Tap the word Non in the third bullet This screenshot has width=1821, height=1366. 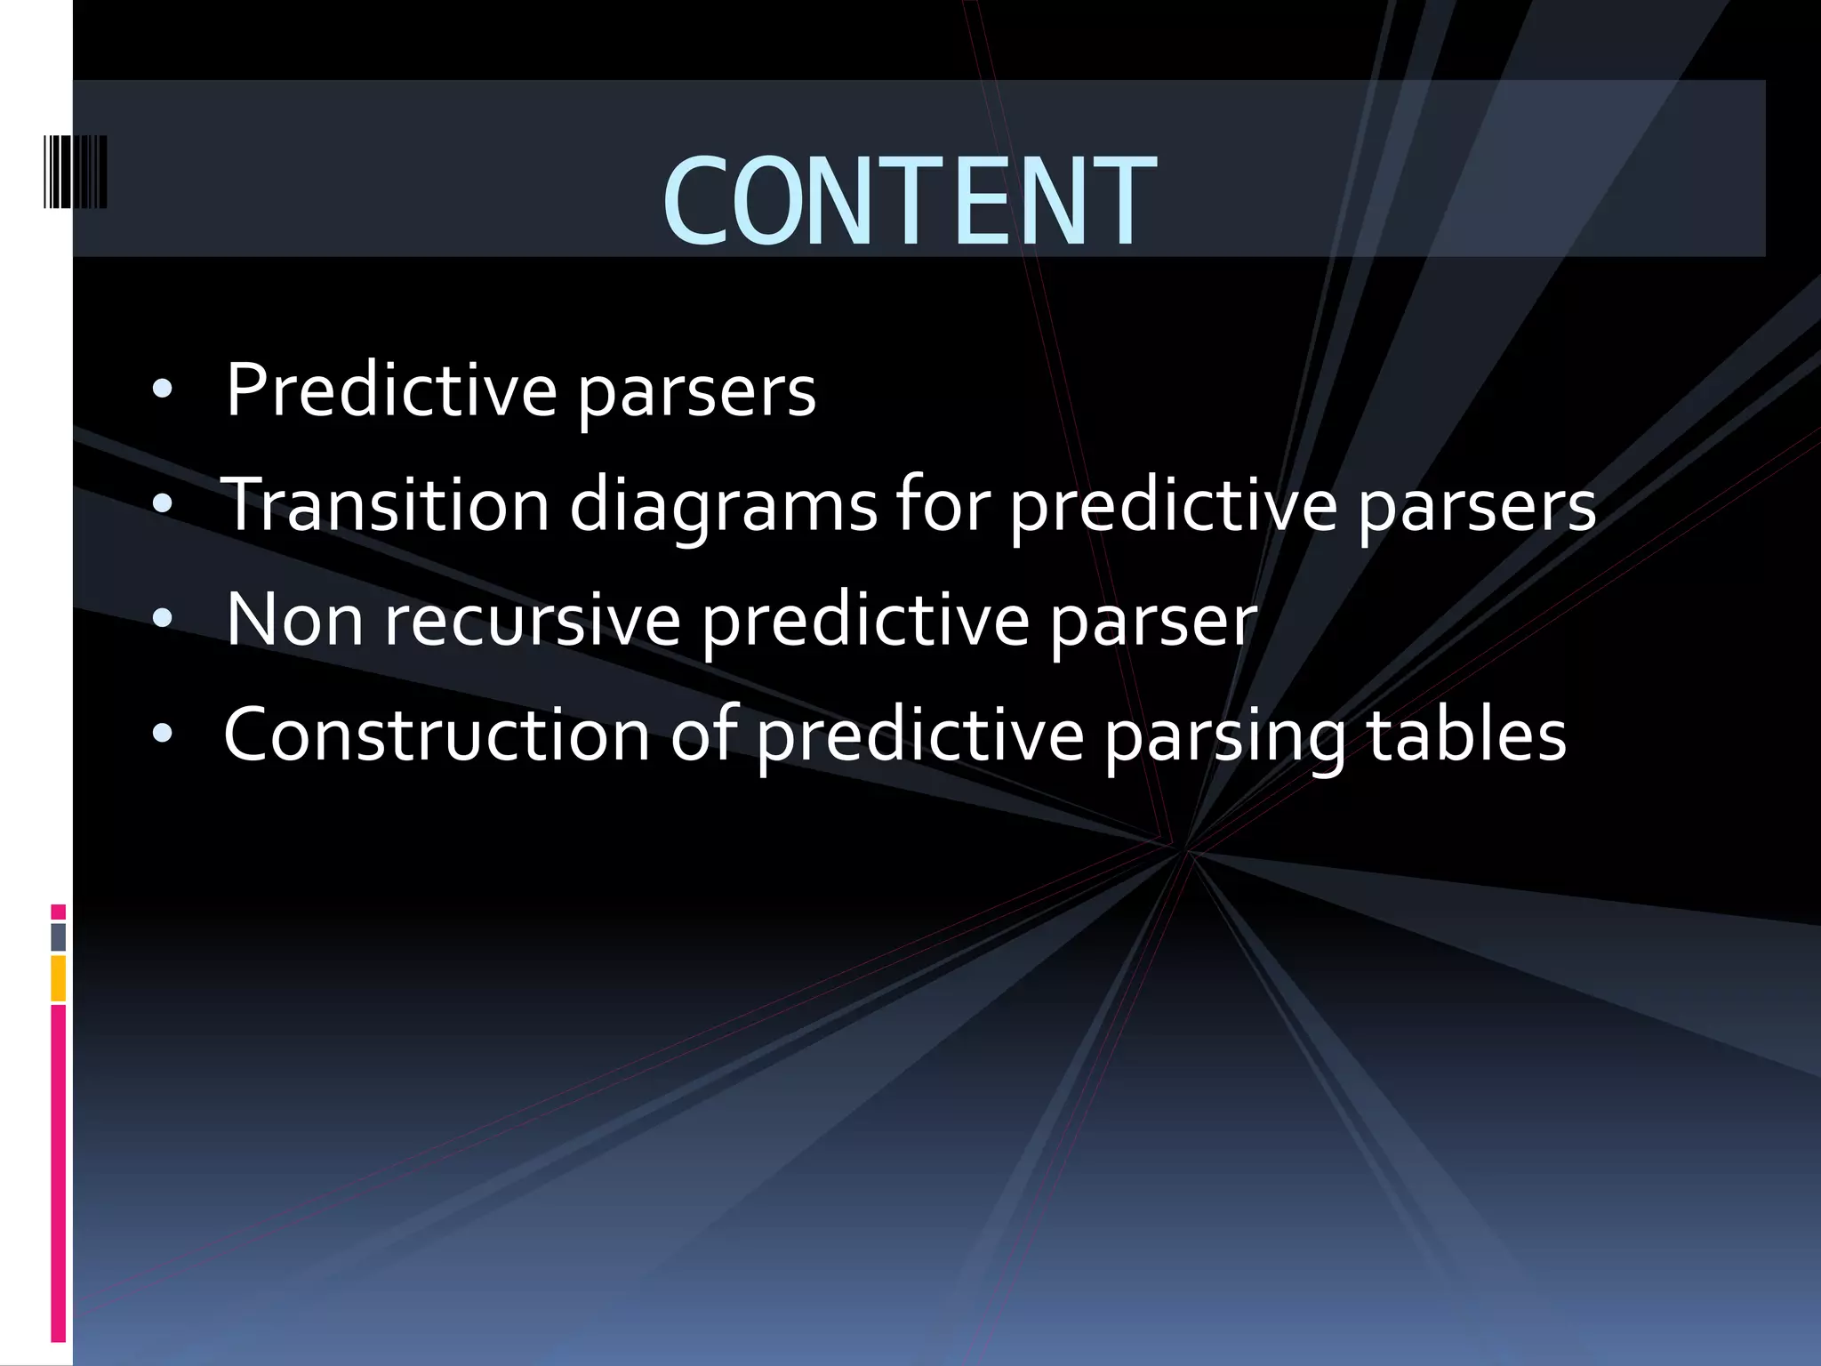click(294, 619)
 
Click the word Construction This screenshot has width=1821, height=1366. click(437, 735)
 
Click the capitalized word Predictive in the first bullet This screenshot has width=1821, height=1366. click(391, 390)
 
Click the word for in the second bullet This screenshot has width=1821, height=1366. click(942, 505)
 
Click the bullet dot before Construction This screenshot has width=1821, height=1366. click(162, 734)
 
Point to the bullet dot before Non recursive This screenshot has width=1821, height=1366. click(162, 619)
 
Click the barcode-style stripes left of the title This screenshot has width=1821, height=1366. click(76, 172)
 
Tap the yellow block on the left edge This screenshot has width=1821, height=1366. click(58, 978)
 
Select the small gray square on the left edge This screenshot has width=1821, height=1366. click(58, 936)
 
